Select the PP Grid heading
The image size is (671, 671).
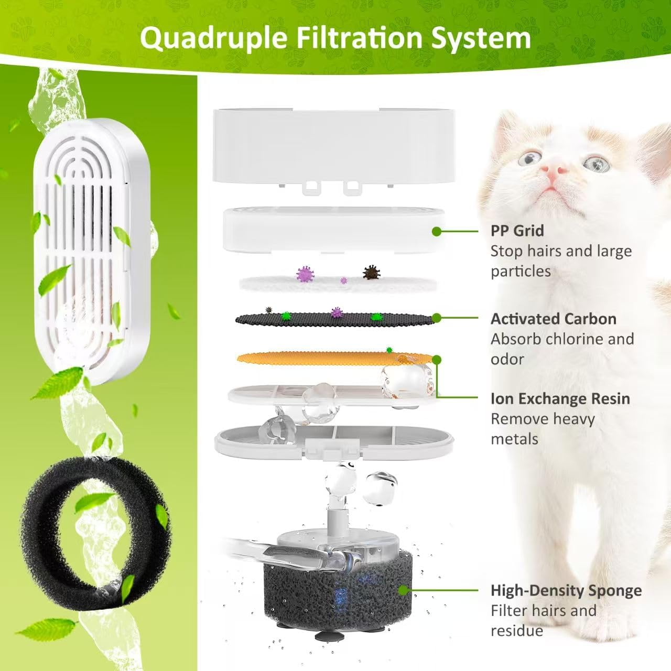(x=517, y=231)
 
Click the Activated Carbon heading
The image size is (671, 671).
(x=553, y=319)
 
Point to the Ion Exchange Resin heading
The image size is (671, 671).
(x=560, y=398)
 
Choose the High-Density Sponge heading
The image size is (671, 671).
(x=566, y=590)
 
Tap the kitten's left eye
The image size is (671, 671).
(x=531, y=157)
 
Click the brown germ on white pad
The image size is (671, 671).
(x=371, y=272)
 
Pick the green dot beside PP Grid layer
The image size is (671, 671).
(x=436, y=231)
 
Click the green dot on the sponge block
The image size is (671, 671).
(x=403, y=590)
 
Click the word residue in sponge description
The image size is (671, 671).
(x=516, y=631)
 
